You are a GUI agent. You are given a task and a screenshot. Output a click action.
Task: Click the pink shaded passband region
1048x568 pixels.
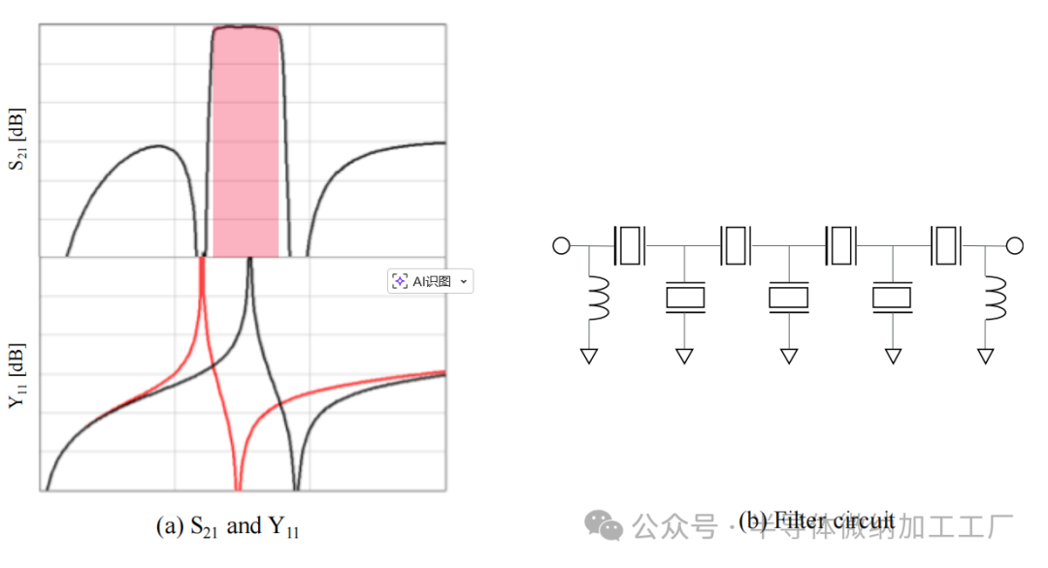pyautogui.click(x=246, y=145)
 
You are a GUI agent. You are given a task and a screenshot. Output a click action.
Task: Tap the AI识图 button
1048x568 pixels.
pyautogui.click(x=430, y=281)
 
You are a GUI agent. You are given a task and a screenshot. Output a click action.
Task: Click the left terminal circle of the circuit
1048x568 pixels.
pyautogui.click(x=561, y=245)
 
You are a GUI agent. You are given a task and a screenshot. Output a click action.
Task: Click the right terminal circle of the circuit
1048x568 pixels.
pyautogui.click(x=1015, y=245)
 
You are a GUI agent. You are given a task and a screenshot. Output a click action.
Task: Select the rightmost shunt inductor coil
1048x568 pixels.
pyautogui.click(x=994, y=300)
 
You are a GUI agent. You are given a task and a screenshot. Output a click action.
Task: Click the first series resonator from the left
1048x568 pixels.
pyautogui.click(x=629, y=245)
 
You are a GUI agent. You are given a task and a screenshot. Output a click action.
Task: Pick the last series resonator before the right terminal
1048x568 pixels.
pyautogui.click(x=944, y=245)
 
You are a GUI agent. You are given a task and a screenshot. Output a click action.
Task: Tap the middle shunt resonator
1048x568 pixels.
pyautogui.click(x=789, y=298)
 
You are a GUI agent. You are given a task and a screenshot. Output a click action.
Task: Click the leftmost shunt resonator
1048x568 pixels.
pyautogui.click(x=685, y=298)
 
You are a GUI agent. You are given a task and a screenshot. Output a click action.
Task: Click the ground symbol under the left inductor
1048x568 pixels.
pyautogui.click(x=588, y=356)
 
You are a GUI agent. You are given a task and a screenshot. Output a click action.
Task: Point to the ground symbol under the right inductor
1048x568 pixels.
pyautogui.click(x=985, y=356)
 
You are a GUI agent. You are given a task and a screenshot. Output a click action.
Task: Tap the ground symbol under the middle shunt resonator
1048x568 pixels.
pyautogui.click(x=789, y=356)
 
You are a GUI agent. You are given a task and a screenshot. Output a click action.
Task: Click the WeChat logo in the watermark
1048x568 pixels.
pyautogui.click(x=604, y=526)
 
